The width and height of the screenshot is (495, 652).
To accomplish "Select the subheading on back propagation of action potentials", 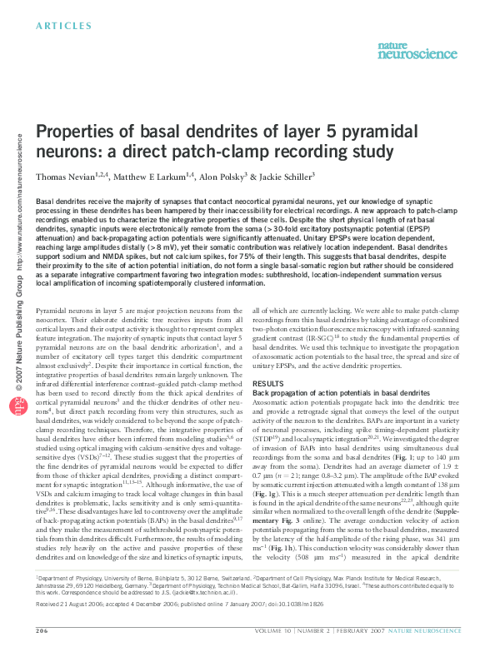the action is [329, 392].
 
